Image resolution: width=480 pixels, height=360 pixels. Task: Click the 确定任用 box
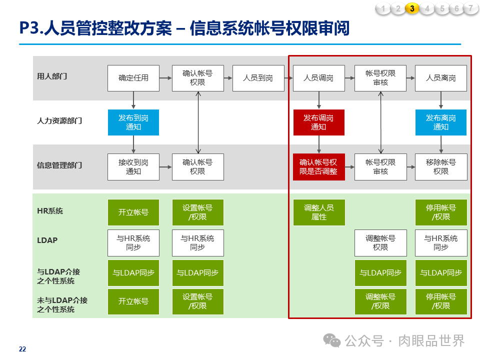133,78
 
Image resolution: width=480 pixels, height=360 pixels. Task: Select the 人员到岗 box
258,78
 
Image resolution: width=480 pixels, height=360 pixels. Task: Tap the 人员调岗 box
318,78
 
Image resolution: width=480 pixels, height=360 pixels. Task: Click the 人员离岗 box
441,78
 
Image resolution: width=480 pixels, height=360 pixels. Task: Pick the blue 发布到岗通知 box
133,122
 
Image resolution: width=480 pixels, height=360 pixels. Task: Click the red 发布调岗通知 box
318,122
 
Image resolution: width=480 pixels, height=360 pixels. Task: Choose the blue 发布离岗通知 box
441,122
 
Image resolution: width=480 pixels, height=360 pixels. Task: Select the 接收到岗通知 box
133,167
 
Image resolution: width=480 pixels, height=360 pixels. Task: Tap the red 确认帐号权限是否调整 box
318,167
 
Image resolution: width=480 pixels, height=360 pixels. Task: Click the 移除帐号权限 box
441,167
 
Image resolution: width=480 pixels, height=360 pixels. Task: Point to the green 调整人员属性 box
318,212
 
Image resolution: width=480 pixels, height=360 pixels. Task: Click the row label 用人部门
52,76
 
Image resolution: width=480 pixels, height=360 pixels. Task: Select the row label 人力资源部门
59,121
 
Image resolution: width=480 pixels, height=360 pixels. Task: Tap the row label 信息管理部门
59,165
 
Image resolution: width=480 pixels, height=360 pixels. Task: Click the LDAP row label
47,240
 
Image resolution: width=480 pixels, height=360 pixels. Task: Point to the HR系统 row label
50,211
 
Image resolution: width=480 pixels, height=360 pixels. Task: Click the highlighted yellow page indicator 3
412,8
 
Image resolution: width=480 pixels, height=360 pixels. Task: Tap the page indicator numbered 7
470,8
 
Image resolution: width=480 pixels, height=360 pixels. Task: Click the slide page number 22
22,349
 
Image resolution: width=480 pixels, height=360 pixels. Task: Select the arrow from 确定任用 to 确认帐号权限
165,78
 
